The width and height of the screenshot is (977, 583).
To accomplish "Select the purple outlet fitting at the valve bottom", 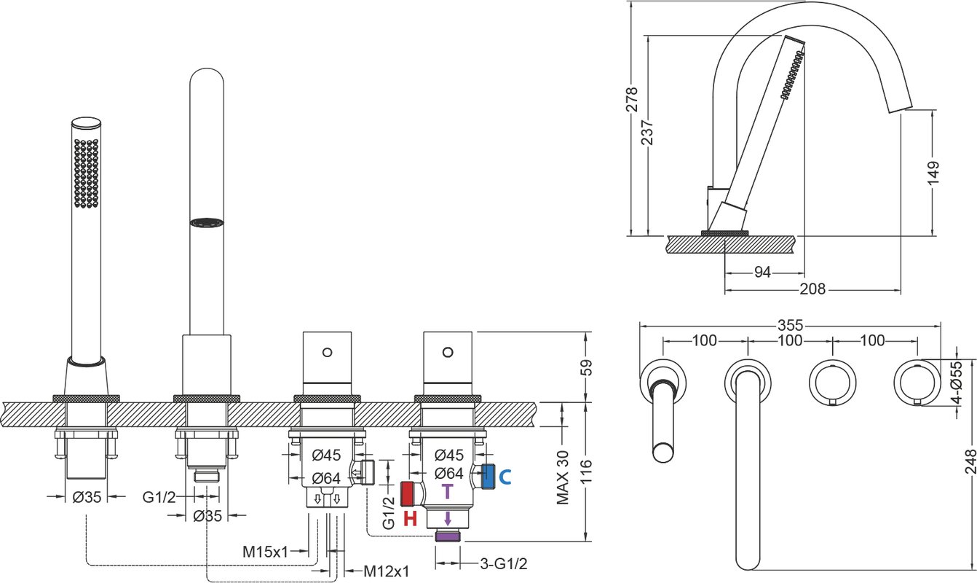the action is (x=448, y=536).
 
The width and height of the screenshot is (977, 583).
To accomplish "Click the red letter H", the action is (x=410, y=518).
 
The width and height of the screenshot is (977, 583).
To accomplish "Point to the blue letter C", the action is (x=505, y=477).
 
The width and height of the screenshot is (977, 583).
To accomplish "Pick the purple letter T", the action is (x=448, y=492).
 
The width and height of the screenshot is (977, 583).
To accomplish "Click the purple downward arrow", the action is (x=448, y=518).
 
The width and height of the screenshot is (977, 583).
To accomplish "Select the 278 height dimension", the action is (x=632, y=100).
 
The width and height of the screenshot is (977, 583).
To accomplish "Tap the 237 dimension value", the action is (x=647, y=132).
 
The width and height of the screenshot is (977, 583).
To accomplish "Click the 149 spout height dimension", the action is (x=933, y=173).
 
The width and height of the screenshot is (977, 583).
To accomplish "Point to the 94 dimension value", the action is (x=762, y=272).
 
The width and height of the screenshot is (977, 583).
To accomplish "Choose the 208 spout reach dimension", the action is (x=812, y=289).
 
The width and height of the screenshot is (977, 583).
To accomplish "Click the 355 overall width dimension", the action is (x=791, y=325).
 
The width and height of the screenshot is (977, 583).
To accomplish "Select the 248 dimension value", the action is (x=970, y=461).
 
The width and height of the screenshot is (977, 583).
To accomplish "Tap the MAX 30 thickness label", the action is (x=563, y=477).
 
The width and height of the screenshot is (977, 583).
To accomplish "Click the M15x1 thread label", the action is (x=265, y=552).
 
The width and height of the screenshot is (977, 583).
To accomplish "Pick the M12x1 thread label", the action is (x=387, y=571).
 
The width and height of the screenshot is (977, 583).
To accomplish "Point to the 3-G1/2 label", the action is (x=504, y=563).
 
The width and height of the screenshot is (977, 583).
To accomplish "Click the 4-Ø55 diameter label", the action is (x=956, y=382).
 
